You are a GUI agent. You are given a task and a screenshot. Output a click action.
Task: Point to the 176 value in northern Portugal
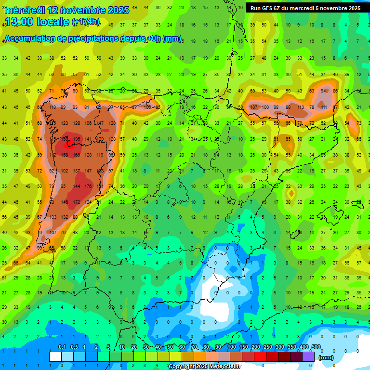point(88,186)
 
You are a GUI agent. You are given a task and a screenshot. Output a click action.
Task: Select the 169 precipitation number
point(76,155)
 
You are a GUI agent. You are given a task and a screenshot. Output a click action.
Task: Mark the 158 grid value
point(64,155)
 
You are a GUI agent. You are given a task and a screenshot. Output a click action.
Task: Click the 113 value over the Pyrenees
point(301,107)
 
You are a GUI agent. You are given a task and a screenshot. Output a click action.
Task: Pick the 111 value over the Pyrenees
point(324,107)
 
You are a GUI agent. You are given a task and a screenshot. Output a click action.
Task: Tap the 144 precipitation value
point(76,186)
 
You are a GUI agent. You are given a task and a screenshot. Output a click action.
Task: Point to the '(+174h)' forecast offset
point(86,22)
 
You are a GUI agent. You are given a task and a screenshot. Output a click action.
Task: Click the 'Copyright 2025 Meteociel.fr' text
point(204,367)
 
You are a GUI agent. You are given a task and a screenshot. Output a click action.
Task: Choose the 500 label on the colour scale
point(316,347)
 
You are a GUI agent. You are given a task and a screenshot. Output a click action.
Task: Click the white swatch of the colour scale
point(55,357)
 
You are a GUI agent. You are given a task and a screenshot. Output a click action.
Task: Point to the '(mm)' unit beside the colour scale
point(326,357)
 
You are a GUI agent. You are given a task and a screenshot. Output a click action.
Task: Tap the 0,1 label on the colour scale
point(62,347)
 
